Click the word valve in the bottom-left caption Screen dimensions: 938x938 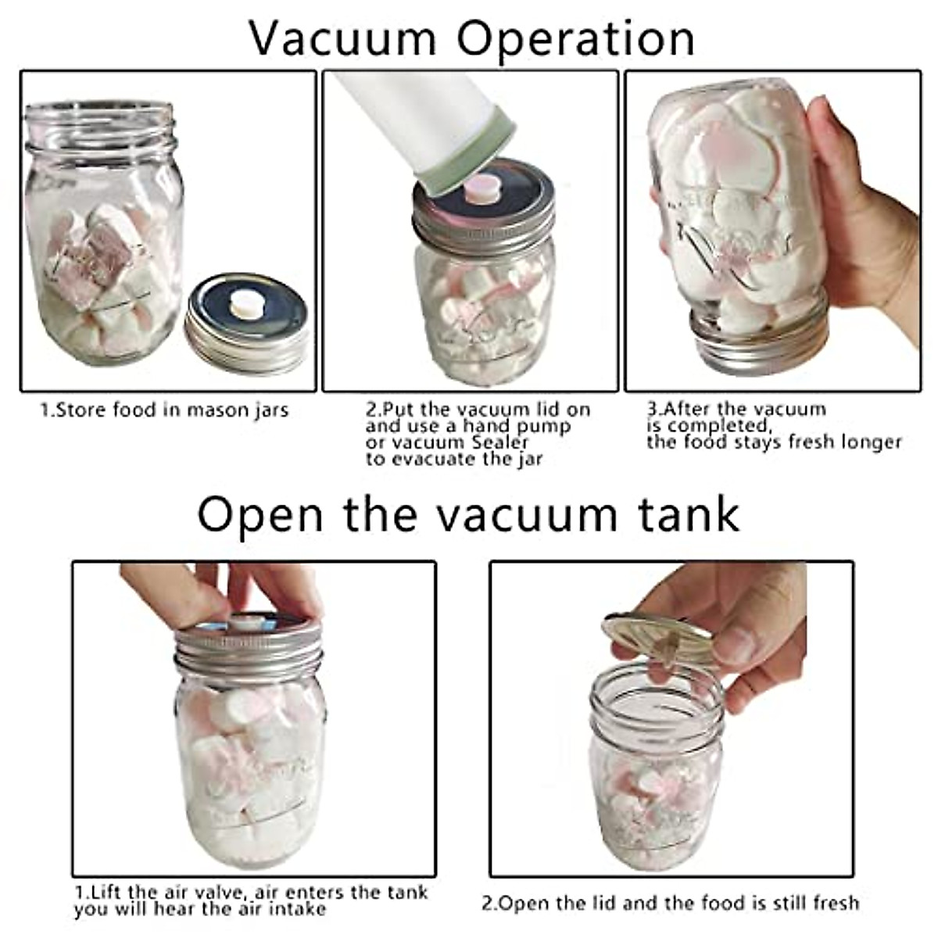pyautogui.click(x=238, y=892)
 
